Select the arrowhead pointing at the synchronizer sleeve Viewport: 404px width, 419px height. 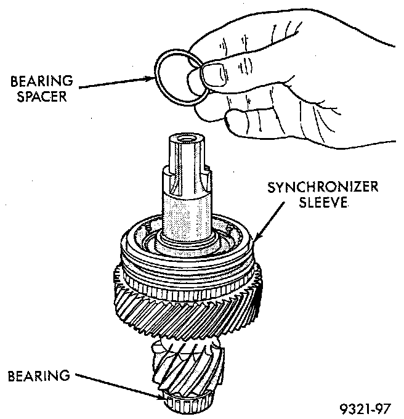(253, 238)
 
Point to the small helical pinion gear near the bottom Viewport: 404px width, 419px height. (188, 364)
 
